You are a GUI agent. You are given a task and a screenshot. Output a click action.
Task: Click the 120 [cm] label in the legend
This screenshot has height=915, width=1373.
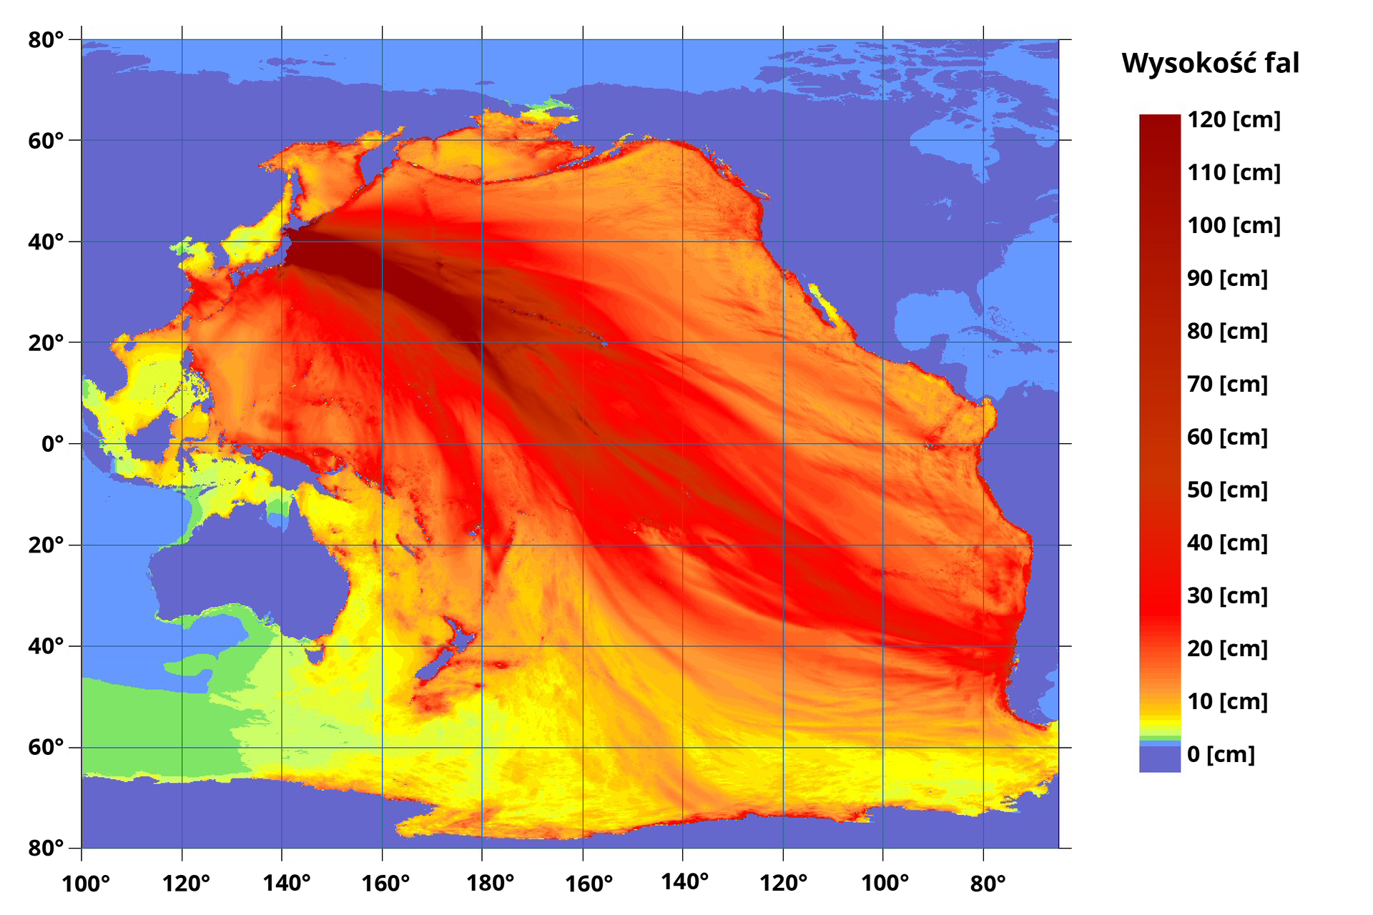tap(1234, 120)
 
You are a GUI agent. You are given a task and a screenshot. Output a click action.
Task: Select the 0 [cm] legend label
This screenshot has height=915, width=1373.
tap(1221, 754)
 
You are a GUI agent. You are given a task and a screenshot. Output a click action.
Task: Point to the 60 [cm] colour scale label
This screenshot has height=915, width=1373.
tap(1227, 437)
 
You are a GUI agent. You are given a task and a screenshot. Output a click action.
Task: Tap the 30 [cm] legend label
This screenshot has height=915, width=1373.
tap(1227, 595)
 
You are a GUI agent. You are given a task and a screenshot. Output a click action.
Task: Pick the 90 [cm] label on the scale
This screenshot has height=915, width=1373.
tap(1227, 278)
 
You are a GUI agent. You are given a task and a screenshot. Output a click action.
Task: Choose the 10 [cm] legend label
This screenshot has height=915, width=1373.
tap(1227, 701)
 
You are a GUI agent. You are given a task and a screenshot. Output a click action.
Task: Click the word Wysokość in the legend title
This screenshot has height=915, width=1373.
tap(1189, 64)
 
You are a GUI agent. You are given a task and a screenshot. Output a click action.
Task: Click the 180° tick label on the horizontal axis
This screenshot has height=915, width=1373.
tap(490, 884)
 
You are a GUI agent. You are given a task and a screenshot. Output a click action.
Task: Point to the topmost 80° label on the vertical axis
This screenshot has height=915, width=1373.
tap(46, 40)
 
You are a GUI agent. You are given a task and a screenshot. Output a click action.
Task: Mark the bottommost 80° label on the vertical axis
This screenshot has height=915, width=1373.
tap(46, 849)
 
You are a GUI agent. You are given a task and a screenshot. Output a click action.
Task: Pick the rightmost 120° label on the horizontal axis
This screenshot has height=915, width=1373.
tap(783, 884)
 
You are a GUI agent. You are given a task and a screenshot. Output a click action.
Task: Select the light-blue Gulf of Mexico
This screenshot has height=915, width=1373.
tap(930, 315)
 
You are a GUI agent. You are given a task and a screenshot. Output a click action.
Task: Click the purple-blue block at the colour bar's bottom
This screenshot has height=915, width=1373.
tap(1159, 759)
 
